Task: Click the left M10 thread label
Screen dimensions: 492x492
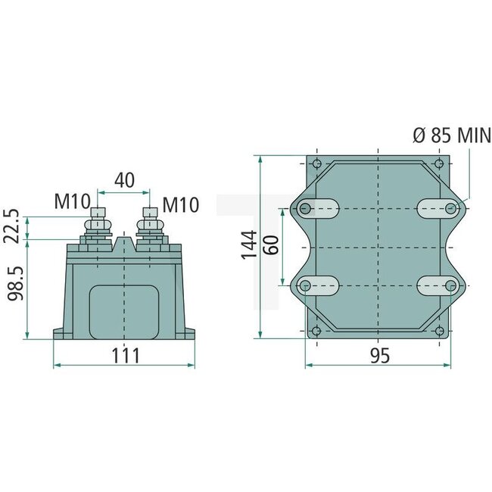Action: pos(72,204)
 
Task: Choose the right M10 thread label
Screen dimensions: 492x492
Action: pos(181,204)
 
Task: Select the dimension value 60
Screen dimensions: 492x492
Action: pos(273,245)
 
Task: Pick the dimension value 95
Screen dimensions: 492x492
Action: pos(380,356)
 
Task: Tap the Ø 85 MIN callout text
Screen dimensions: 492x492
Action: pos(451,136)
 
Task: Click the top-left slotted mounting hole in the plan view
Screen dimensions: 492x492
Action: pos(321,208)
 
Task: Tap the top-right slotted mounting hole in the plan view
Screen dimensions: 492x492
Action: pos(437,208)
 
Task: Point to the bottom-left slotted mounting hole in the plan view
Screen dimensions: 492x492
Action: pos(321,285)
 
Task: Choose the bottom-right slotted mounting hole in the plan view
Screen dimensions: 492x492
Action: pos(437,285)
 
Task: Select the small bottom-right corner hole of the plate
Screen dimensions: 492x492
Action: pos(440,329)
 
